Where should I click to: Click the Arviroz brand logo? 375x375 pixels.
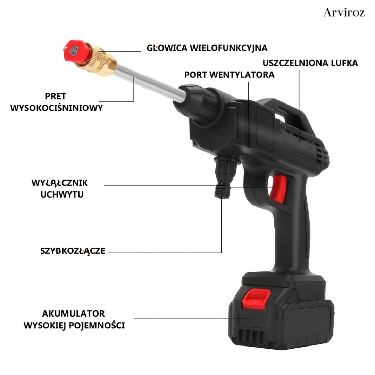point(344,12)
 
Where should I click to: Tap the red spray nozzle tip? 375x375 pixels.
point(76,51)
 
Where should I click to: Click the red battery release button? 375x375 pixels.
point(256,299)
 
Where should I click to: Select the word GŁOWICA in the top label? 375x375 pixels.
point(167,48)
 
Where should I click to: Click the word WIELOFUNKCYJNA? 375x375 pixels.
point(228,48)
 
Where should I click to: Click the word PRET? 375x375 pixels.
point(56,96)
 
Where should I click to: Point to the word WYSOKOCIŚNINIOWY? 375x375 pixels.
point(57,108)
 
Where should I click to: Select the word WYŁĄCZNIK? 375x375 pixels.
point(60,183)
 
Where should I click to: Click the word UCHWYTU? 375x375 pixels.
point(62,194)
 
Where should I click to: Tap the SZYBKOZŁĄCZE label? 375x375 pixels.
point(73,251)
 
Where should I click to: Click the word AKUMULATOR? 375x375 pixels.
point(73,314)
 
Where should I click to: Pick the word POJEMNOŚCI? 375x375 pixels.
point(97,325)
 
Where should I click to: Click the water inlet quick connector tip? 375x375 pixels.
point(222,192)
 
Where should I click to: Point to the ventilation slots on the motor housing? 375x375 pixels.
point(321,153)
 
